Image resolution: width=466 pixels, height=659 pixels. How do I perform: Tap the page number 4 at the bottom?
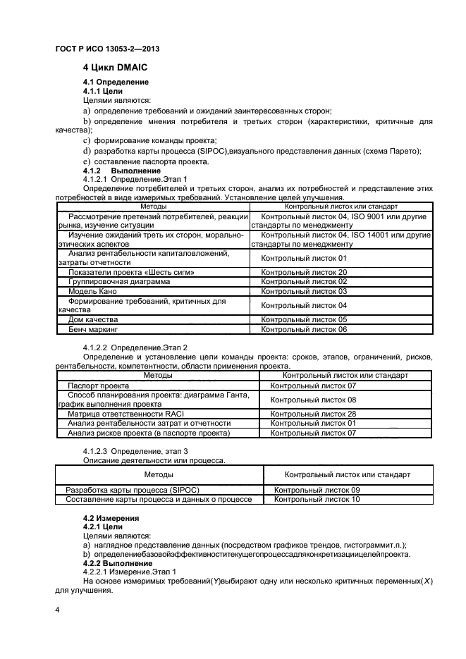coord(57,608)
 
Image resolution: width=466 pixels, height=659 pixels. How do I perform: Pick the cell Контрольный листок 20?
coord(304,271)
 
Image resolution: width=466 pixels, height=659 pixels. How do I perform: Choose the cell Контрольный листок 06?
coord(304,329)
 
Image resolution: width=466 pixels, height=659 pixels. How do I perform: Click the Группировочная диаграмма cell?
coord(118,281)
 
